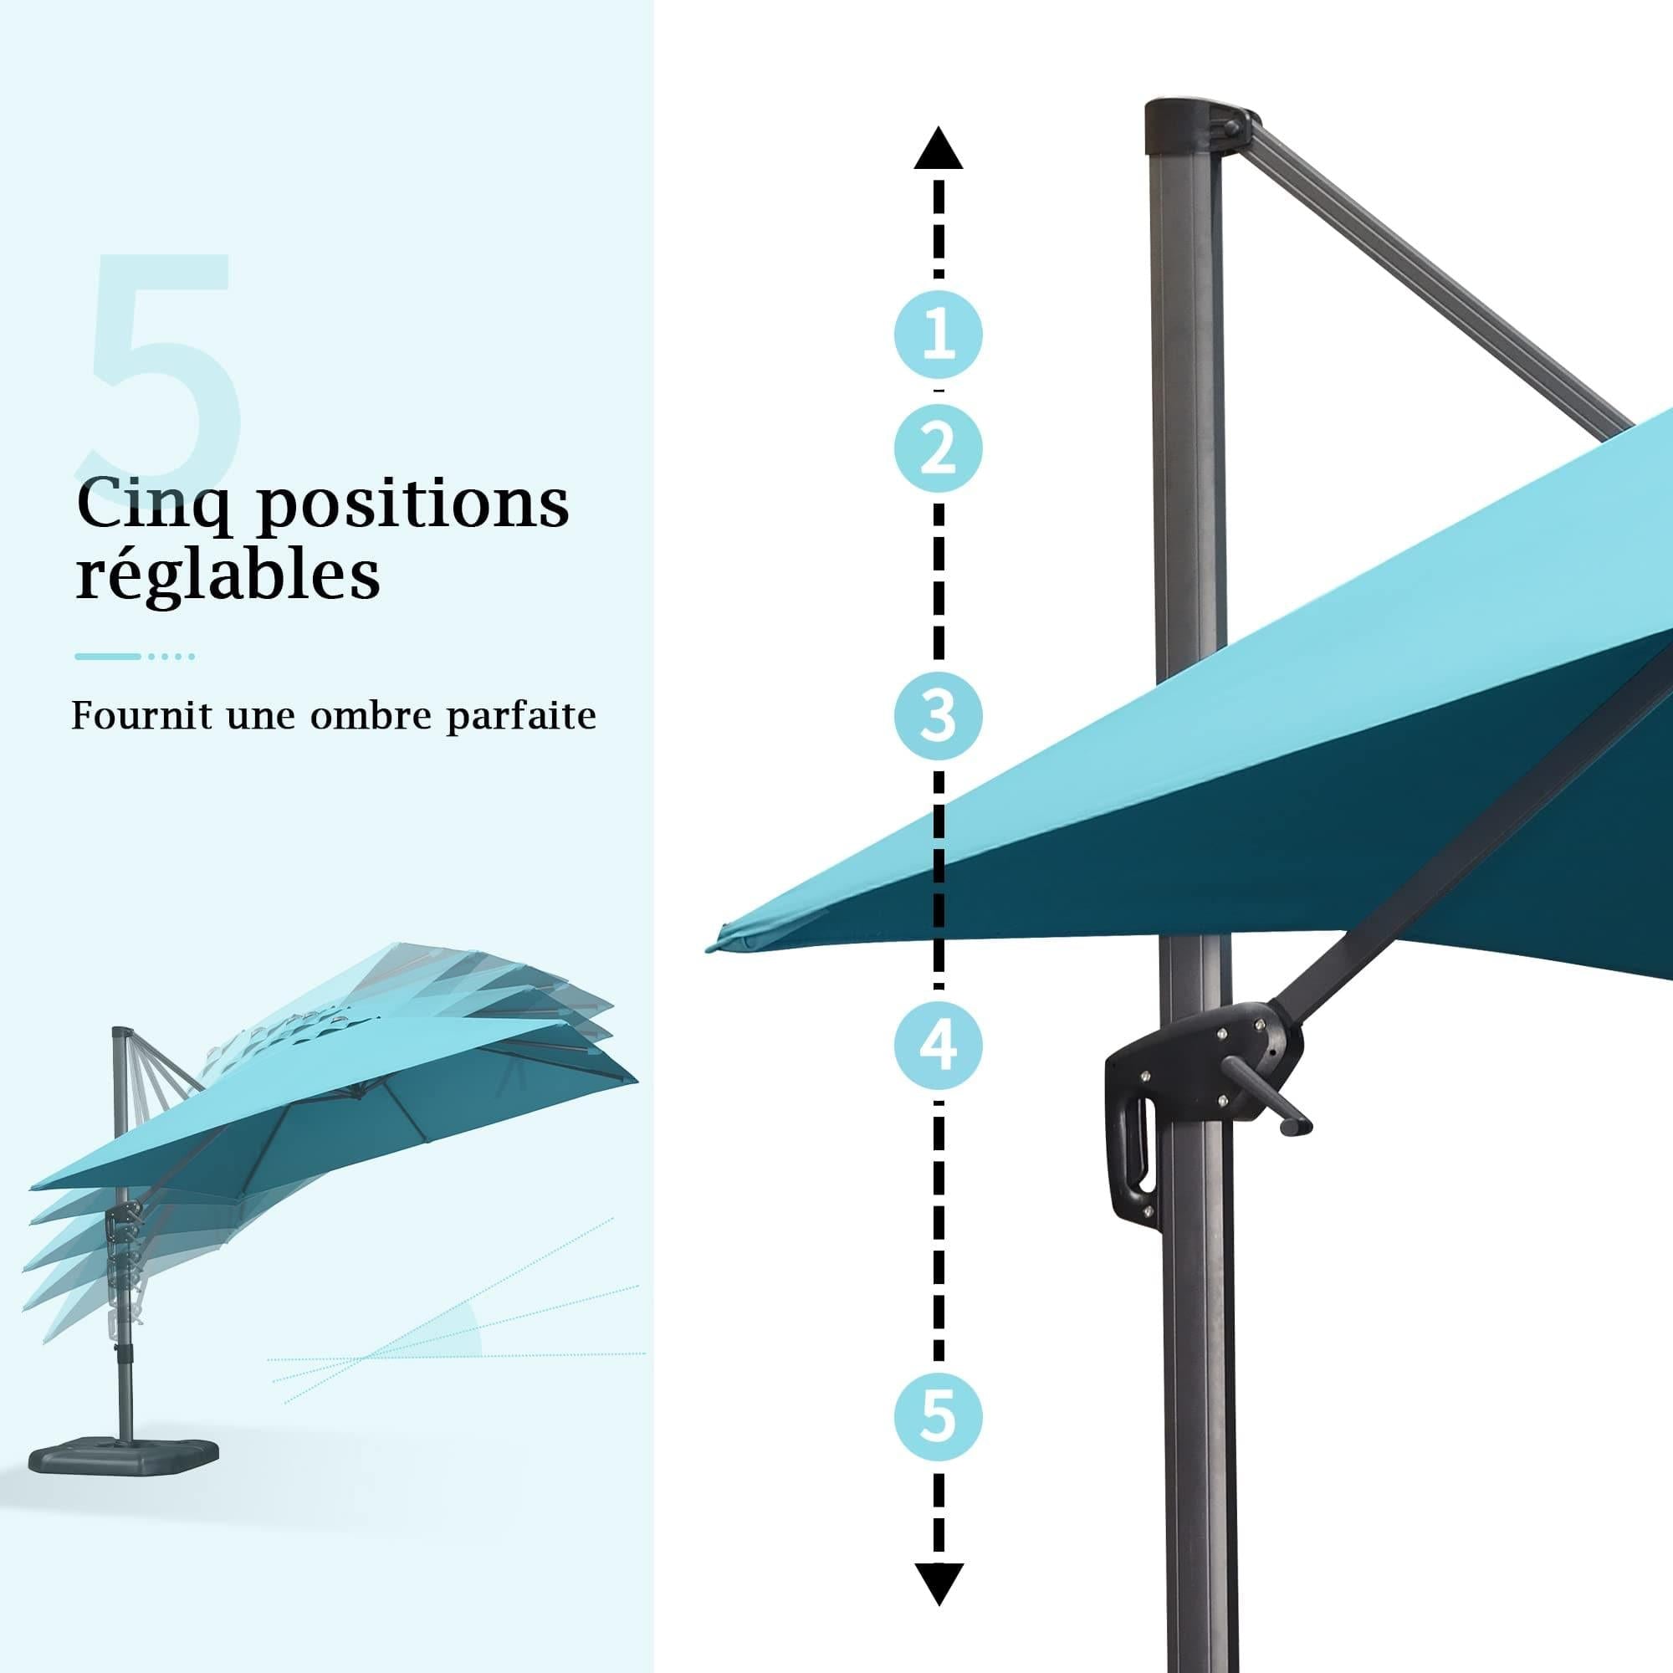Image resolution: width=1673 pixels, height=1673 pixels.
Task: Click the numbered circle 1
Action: [938, 335]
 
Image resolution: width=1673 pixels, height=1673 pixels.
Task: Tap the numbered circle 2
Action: [938, 448]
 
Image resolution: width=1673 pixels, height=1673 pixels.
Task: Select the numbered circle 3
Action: [938, 716]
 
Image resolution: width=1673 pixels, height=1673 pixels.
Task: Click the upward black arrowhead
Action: [938, 149]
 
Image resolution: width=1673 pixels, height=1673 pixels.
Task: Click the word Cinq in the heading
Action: [154, 506]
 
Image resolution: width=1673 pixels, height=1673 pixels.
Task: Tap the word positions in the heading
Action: [414, 506]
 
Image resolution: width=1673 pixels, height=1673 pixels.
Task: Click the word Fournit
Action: [141, 715]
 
